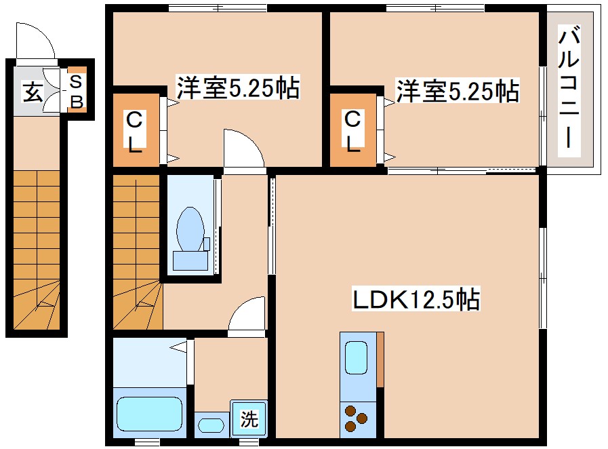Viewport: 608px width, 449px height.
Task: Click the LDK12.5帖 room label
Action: [x=416, y=299]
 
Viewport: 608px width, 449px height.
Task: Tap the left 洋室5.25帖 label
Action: [x=238, y=88]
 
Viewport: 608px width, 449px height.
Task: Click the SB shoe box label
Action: [x=77, y=92]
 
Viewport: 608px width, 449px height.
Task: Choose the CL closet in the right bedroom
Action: [x=352, y=130]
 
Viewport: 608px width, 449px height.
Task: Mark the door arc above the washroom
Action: [x=247, y=316]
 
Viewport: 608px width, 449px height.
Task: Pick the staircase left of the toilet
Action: [x=137, y=251]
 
